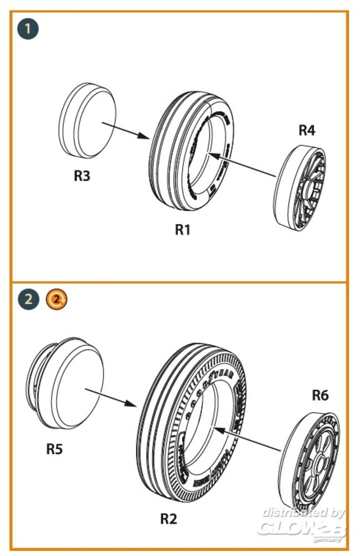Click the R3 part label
click(82, 176)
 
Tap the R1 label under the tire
click(183, 230)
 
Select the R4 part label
click(307, 131)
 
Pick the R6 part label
click(321, 395)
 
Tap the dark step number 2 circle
click(28, 300)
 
